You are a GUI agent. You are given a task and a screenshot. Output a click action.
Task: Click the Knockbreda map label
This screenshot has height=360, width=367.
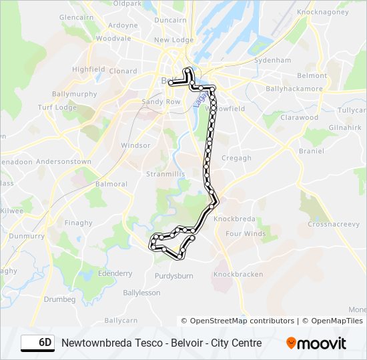pos(235,219)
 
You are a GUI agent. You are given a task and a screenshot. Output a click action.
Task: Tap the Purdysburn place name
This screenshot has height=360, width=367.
pos(173,276)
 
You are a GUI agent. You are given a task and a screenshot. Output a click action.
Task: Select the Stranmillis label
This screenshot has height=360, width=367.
pos(164,174)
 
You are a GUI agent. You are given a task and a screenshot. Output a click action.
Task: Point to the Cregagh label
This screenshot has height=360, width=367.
pos(236,158)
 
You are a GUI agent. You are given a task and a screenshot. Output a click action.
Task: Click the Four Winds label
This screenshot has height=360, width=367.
pos(246,234)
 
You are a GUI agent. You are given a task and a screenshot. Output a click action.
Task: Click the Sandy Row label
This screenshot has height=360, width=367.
pos(161,102)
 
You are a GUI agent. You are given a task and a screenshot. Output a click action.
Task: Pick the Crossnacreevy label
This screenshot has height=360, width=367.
pos(333,225)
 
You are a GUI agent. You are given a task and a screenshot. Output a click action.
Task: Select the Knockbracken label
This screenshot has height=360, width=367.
pos(238,275)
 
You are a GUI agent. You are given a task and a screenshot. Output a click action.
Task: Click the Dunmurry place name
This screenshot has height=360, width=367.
pos(27,235)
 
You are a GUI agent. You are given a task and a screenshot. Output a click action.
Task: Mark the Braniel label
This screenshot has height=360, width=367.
pos(311,151)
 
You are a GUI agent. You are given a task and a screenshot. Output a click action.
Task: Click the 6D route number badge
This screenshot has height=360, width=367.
pos(38,343)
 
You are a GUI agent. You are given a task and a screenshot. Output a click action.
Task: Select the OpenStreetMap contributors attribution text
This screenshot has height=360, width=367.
pos(238,321)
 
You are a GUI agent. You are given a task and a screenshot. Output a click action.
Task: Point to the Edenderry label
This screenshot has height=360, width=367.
pos(115,273)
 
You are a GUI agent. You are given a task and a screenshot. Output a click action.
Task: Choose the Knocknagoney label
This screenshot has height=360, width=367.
pos(323,12)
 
